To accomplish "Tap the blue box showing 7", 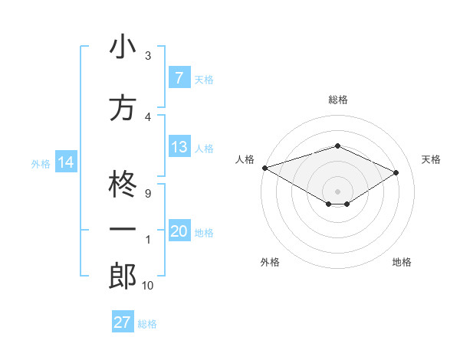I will (x=179, y=78).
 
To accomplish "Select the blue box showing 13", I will (x=179, y=147).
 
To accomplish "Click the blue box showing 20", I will (x=179, y=231).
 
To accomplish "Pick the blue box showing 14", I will (x=65, y=162).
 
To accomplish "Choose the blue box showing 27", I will (x=122, y=322).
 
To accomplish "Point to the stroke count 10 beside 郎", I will (x=147, y=285).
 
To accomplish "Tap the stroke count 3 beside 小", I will (x=147, y=56).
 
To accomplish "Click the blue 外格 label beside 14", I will (x=40, y=162).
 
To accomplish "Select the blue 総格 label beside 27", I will (x=147, y=323).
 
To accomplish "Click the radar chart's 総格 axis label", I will (x=337, y=100).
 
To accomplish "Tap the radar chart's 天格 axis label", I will (x=431, y=159).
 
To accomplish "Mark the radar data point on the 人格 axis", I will (x=264, y=168).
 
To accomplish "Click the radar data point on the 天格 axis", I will (x=396, y=172).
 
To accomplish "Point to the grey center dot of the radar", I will (x=337, y=190).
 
